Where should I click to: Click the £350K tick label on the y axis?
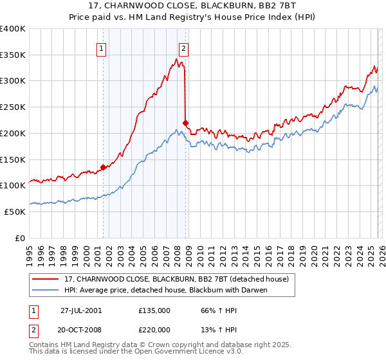coord(13,55)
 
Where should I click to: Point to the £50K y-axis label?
coord(15,212)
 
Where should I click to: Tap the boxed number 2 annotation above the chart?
coord(184,48)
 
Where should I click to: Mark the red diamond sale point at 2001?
coord(103,167)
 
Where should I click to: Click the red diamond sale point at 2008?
coord(185,123)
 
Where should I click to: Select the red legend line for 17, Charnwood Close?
coord(47,279)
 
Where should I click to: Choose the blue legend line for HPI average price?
coord(47,290)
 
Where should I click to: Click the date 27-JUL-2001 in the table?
coord(81,310)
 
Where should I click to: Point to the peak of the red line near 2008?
coord(176,59)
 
